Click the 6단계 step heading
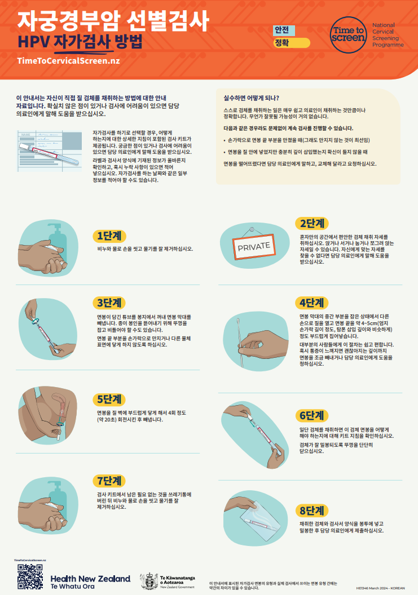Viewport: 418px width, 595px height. [x=312, y=416]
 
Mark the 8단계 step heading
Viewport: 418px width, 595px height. [x=312, y=511]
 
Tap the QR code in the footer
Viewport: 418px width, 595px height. [x=29, y=577]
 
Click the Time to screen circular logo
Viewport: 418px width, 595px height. [x=348, y=35]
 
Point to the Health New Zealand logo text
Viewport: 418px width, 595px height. [x=90, y=581]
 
